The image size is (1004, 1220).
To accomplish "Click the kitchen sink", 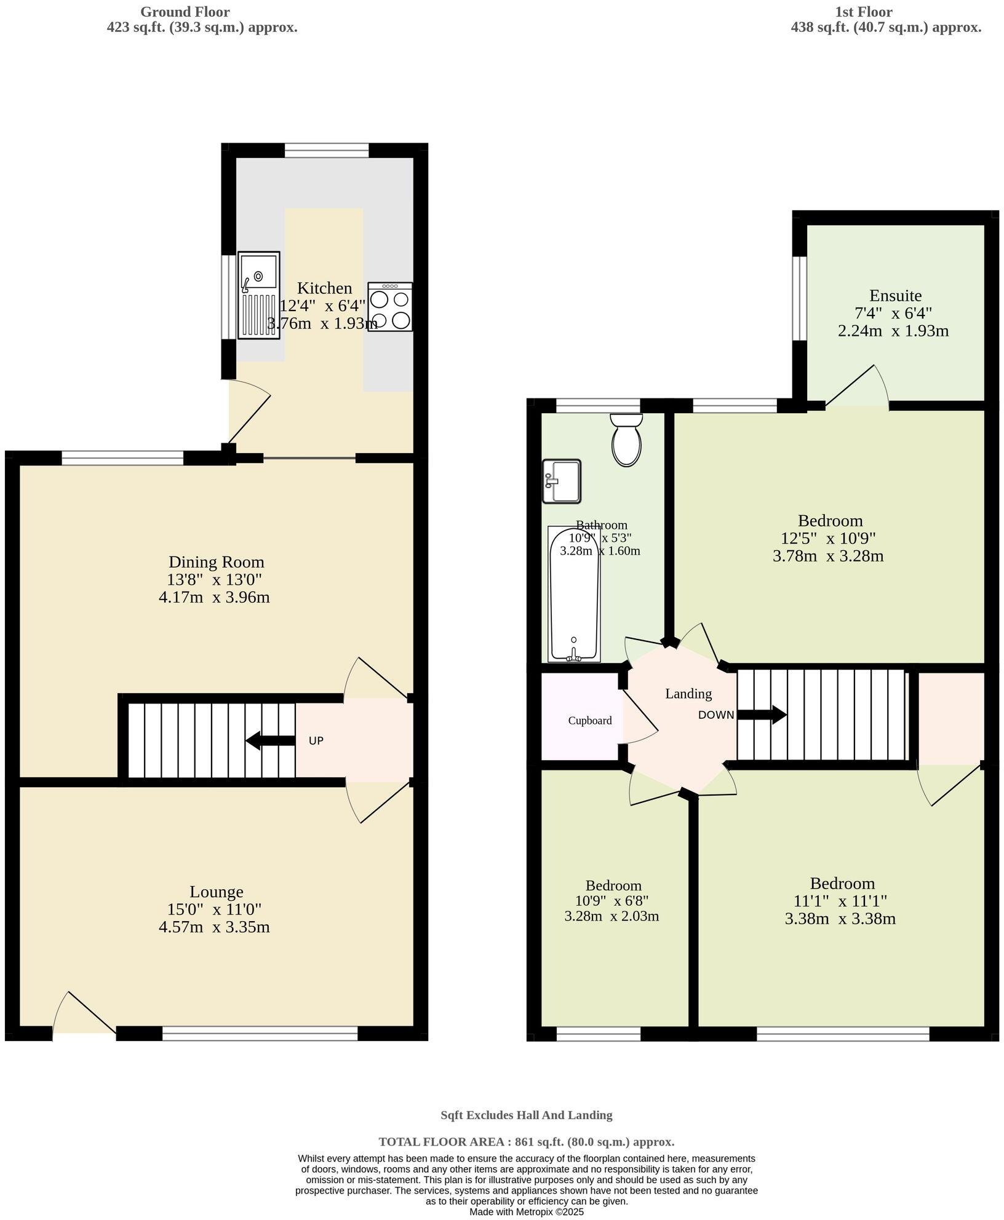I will coord(258,295).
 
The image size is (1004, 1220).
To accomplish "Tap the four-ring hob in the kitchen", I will coord(390,307).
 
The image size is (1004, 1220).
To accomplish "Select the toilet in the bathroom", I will coord(626,439).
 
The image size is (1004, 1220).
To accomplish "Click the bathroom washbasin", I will coord(562,481).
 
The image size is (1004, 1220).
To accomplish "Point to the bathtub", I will coord(574,593).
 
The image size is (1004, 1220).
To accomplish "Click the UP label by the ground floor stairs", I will coord(316,741).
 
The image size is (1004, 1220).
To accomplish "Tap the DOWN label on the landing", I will coord(715,715).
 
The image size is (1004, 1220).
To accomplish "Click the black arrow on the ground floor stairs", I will coord(270,740).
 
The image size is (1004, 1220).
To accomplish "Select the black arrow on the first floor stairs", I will coord(762,715).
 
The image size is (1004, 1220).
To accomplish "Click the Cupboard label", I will coord(589,721).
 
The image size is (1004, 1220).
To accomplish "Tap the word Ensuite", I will coord(895,295).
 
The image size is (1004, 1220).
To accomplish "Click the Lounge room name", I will coord(216,891).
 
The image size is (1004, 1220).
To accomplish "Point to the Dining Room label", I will coord(216,561).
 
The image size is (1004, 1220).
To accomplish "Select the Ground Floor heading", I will coord(185,12).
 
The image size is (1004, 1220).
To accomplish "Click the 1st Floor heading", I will coord(863,12).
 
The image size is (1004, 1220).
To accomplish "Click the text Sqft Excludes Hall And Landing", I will coord(526,1115).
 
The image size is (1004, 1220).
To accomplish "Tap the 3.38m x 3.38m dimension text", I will coord(840,919).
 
